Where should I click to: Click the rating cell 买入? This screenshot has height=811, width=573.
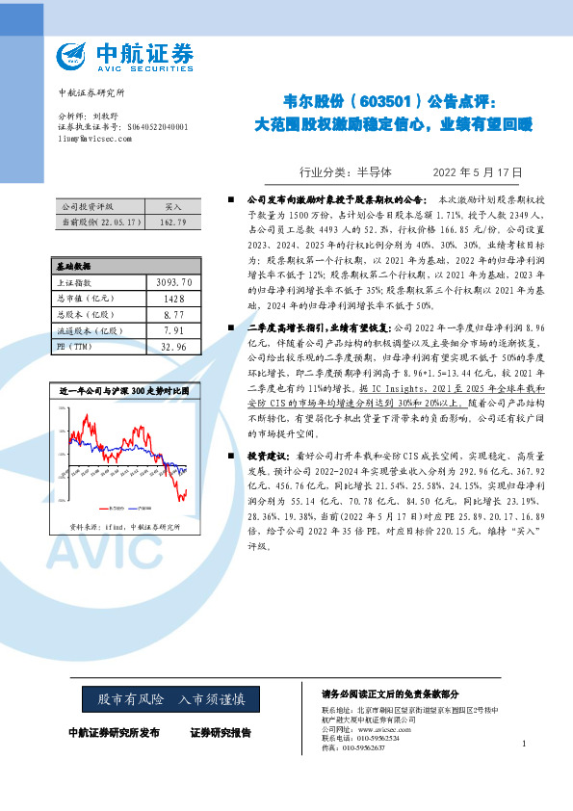[173, 207]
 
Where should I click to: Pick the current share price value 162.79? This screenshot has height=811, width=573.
[173, 222]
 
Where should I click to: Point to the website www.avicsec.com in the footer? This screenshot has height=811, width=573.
[384, 730]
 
